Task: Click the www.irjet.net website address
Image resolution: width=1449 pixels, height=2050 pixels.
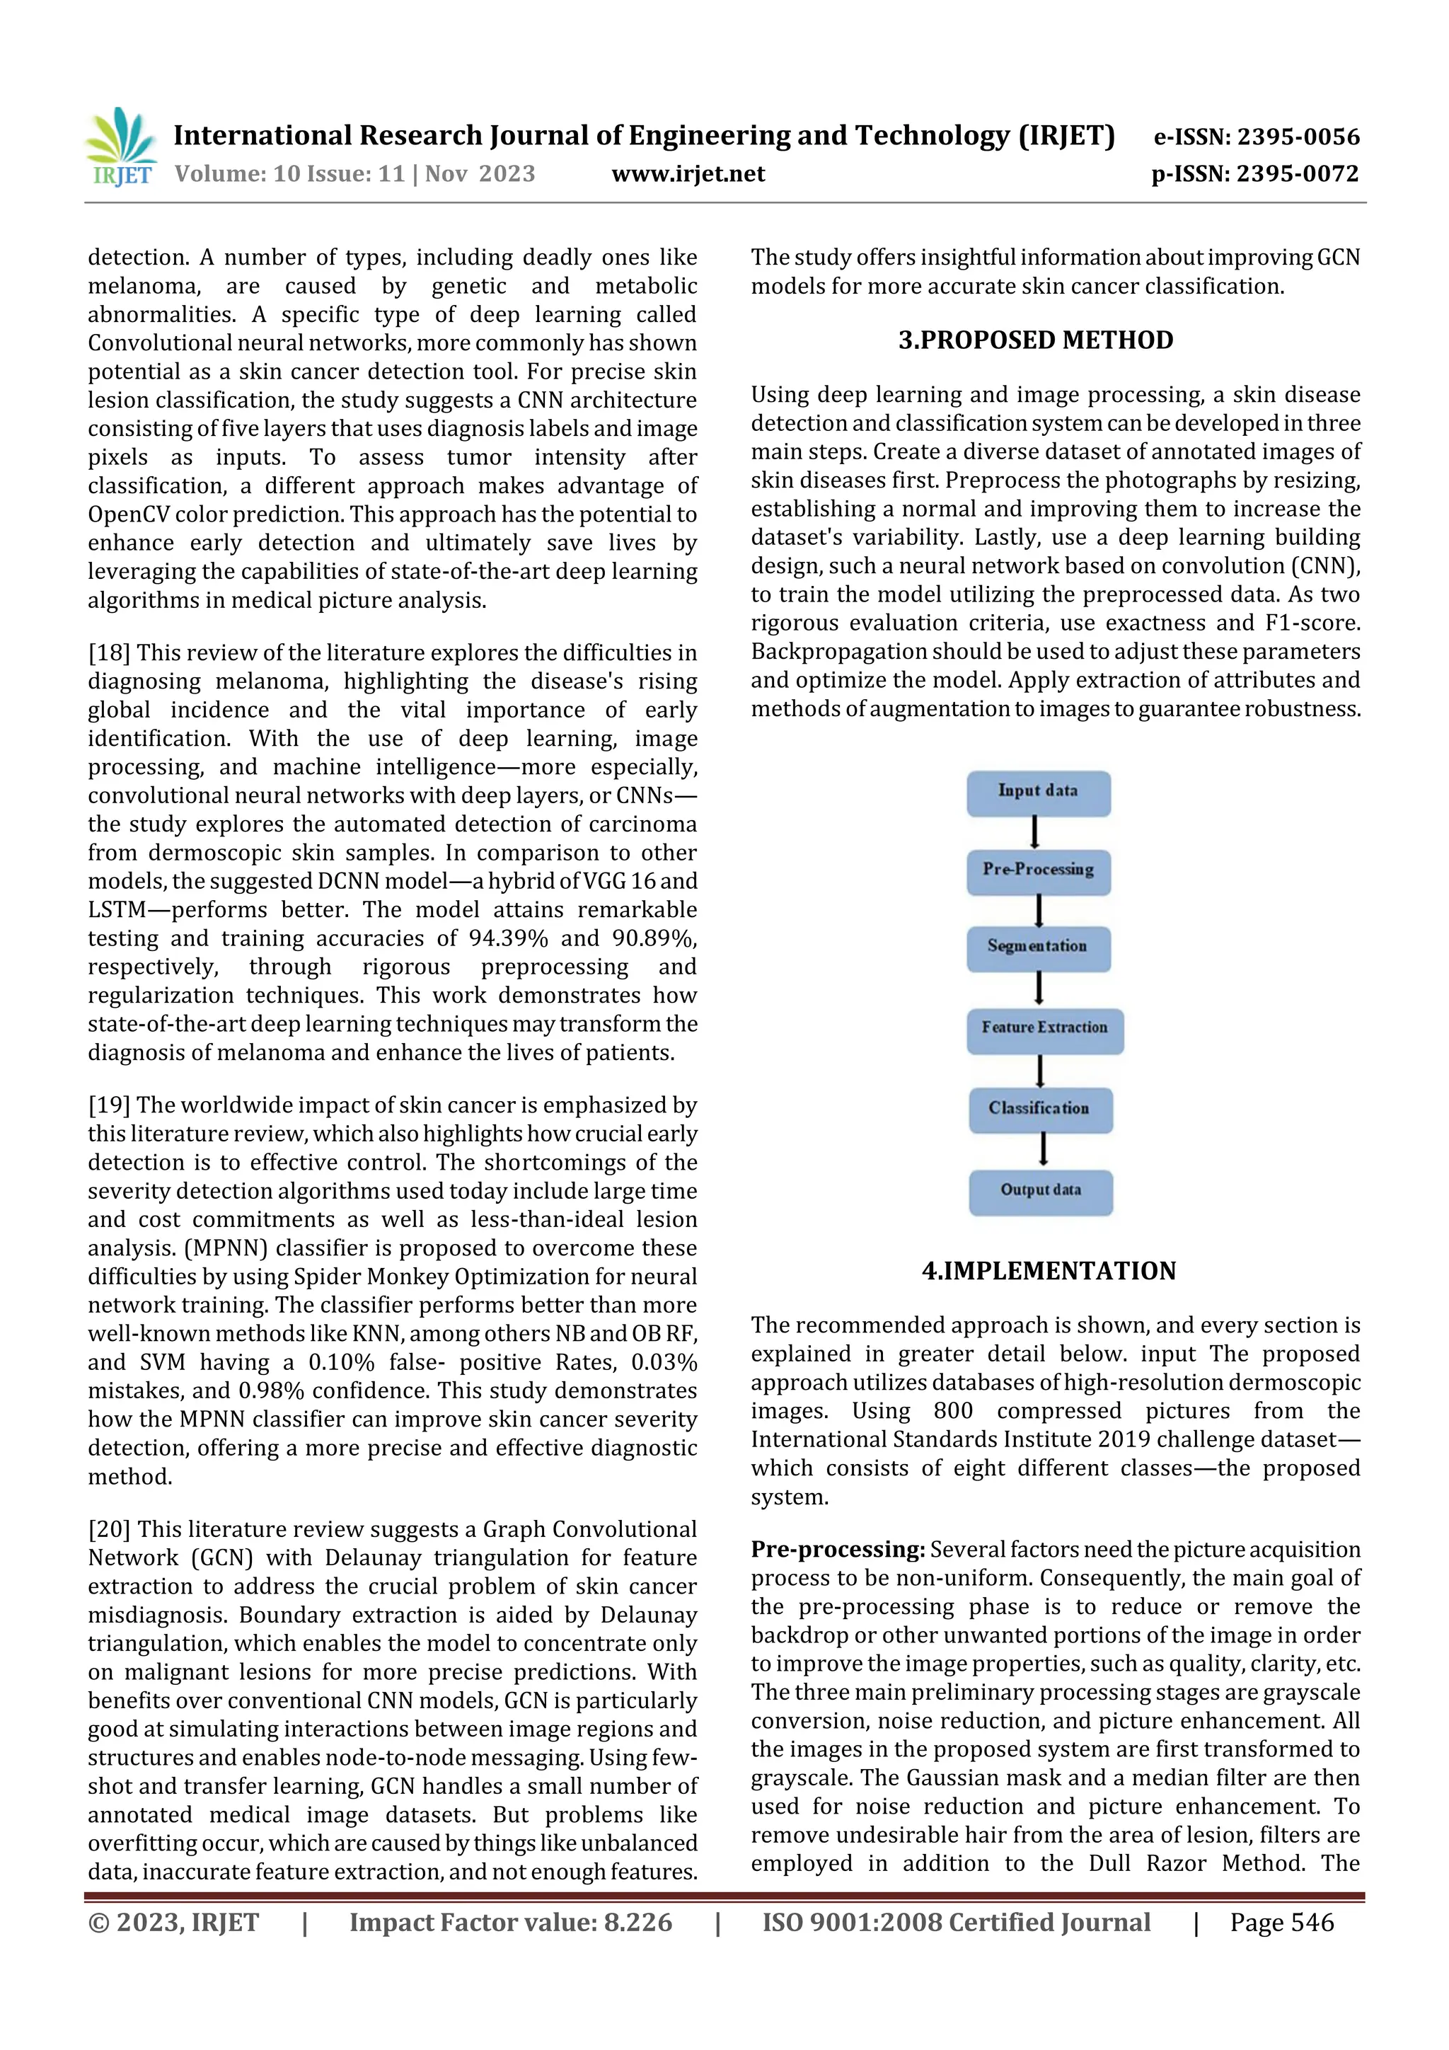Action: [x=688, y=174]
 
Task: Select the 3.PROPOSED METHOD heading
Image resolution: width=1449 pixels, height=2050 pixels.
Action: [x=1036, y=340]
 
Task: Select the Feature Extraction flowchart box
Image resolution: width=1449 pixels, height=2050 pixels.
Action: [x=1044, y=1030]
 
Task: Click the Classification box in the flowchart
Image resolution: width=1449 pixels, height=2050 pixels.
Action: [x=1040, y=1110]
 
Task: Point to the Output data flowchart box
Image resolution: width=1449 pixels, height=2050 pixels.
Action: [x=1041, y=1192]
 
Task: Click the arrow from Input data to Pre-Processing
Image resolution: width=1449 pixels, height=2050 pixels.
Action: [x=1034, y=832]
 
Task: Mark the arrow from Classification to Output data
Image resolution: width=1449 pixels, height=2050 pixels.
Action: [x=1042, y=1150]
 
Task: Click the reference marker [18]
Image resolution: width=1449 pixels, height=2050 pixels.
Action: [x=109, y=654]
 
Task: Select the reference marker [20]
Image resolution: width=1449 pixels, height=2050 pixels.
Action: [x=109, y=1529]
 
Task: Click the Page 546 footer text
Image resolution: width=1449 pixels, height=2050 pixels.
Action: [x=1281, y=1923]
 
